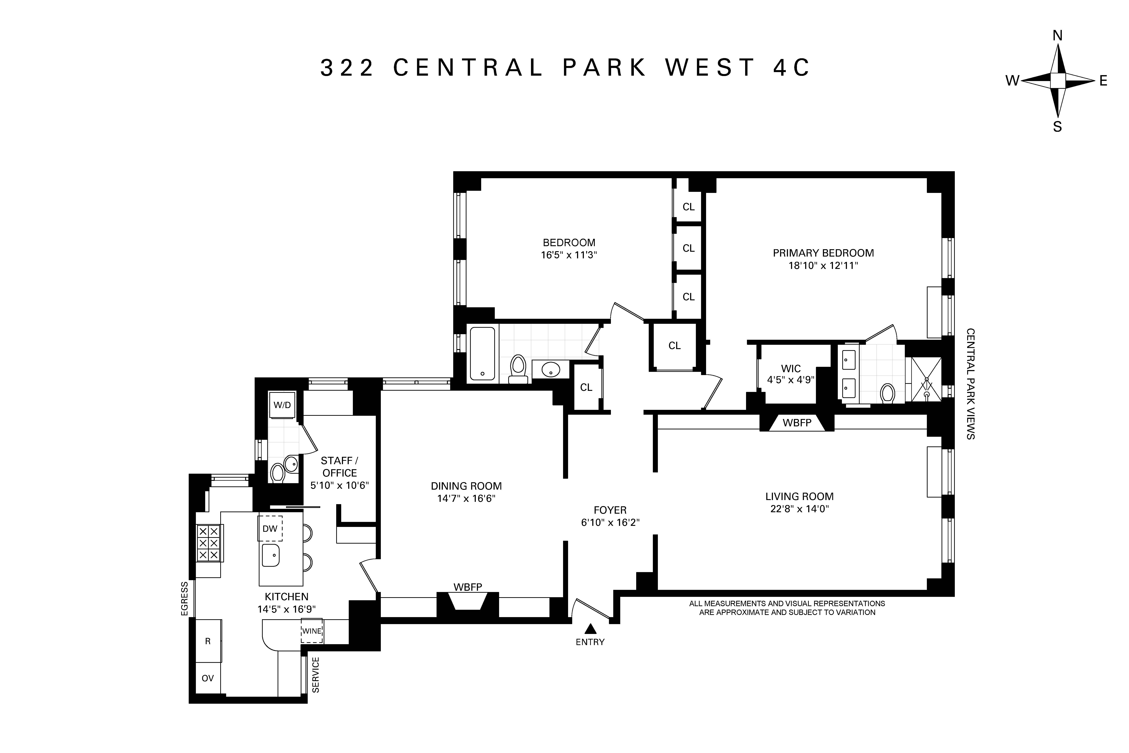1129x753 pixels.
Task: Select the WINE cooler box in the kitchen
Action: pyautogui.click(x=311, y=631)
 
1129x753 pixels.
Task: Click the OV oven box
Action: pyautogui.click(x=207, y=678)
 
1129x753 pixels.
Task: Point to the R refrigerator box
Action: pyautogui.click(x=208, y=641)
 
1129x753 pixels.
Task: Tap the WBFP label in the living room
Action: pyautogui.click(x=797, y=423)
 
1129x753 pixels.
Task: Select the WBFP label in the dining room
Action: pyautogui.click(x=468, y=587)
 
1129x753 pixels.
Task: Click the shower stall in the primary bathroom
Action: pyautogui.click(x=926, y=379)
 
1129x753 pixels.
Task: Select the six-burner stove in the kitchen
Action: pyautogui.click(x=208, y=543)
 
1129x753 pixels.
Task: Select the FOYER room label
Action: pyautogui.click(x=610, y=510)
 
